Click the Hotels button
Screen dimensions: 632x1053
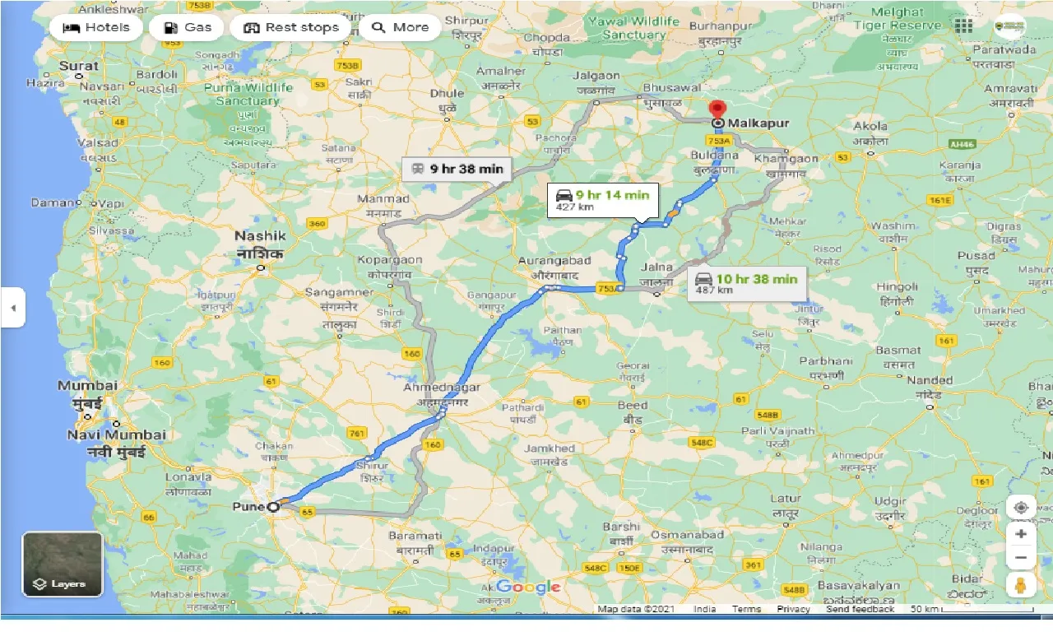pyautogui.click(x=95, y=27)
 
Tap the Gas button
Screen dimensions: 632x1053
pyautogui.click(x=188, y=27)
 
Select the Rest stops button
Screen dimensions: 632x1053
pyautogui.click(x=291, y=27)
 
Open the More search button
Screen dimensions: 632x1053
pyautogui.click(x=400, y=27)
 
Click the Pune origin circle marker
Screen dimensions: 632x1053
pyautogui.click(x=273, y=507)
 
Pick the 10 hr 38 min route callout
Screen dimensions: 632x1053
pyautogui.click(x=747, y=283)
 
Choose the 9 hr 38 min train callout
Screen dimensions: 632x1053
pyautogui.click(x=457, y=169)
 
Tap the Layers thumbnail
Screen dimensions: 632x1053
pyautogui.click(x=63, y=564)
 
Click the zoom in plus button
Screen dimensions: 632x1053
pyautogui.click(x=1021, y=533)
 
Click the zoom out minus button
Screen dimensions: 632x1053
pyautogui.click(x=1021, y=558)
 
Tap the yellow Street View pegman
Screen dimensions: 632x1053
pyautogui.click(x=1021, y=584)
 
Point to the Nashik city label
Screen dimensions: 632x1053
pyautogui.click(x=260, y=235)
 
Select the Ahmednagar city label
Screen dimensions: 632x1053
pyautogui.click(x=442, y=387)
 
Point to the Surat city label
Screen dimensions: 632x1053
pyautogui.click(x=79, y=66)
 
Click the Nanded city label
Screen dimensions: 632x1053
pyautogui.click(x=930, y=380)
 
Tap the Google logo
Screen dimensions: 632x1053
pyautogui.click(x=527, y=587)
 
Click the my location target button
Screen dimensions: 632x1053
pyautogui.click(x=1021, y=507)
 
